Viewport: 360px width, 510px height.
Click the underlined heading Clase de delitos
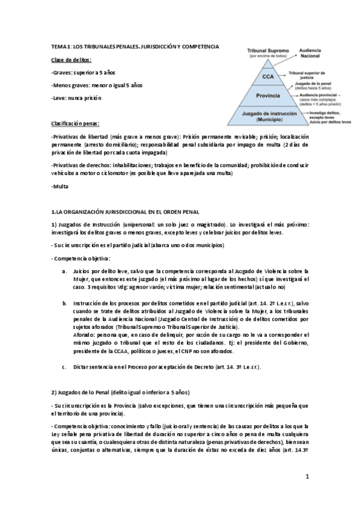(72, 61)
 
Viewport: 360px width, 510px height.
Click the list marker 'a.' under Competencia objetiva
(64, 272)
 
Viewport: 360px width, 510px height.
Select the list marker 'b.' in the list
(64, 303)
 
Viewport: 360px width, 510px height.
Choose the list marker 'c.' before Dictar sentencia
(64, 366)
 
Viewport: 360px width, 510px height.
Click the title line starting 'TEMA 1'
(135, 46)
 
